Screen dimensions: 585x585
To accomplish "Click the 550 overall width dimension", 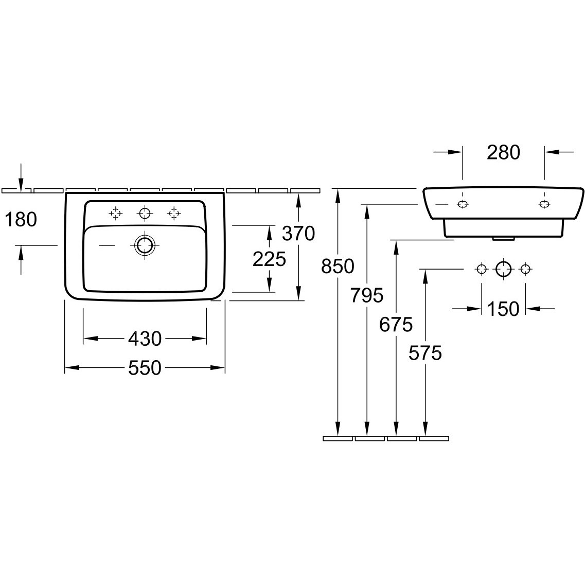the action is [x=145, y=368].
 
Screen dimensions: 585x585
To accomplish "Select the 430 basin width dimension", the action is [x=145, y=339].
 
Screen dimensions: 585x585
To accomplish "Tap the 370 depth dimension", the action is [x=298, y=234].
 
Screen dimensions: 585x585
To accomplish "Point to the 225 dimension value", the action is [x=270, y=259].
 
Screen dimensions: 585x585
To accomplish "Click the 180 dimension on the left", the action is [x=21, y=219].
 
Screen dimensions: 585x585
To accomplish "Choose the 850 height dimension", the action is [x=338, y=267].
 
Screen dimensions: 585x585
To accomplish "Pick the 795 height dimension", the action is [x=367, y=295].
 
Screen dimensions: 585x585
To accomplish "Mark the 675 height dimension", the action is [x=396, y=325].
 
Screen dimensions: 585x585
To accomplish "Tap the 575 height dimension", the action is [x=426, y=353].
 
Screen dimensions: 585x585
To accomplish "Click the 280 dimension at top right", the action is [x=503, y=152].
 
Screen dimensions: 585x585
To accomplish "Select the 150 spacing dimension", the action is [x=503, y=309].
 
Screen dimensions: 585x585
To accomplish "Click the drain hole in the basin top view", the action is [x=145, y=245].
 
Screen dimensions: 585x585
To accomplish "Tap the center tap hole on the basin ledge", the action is [x=145, y=214].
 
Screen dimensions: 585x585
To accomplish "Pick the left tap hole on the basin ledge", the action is [x=116, y=214].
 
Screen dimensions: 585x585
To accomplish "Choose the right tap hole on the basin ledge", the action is [x=174, y=214].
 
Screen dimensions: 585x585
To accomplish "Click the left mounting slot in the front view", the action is [x=463, y=204].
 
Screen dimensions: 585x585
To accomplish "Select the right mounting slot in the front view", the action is [x=544, y=204].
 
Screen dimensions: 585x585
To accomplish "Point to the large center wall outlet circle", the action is [x=503, y=269].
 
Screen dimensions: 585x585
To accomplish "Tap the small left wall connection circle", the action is [x=481, y=269].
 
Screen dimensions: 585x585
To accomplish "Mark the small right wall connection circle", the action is [x=525, y=269].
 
